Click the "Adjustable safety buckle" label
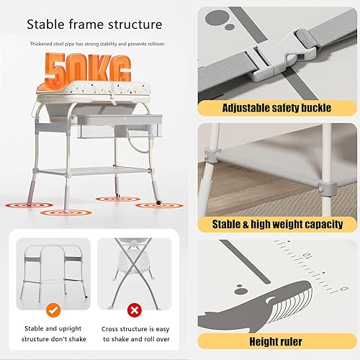(277, 108)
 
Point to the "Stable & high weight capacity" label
(277, 225)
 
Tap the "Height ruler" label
(277, 341)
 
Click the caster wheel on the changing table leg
(158, 204)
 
